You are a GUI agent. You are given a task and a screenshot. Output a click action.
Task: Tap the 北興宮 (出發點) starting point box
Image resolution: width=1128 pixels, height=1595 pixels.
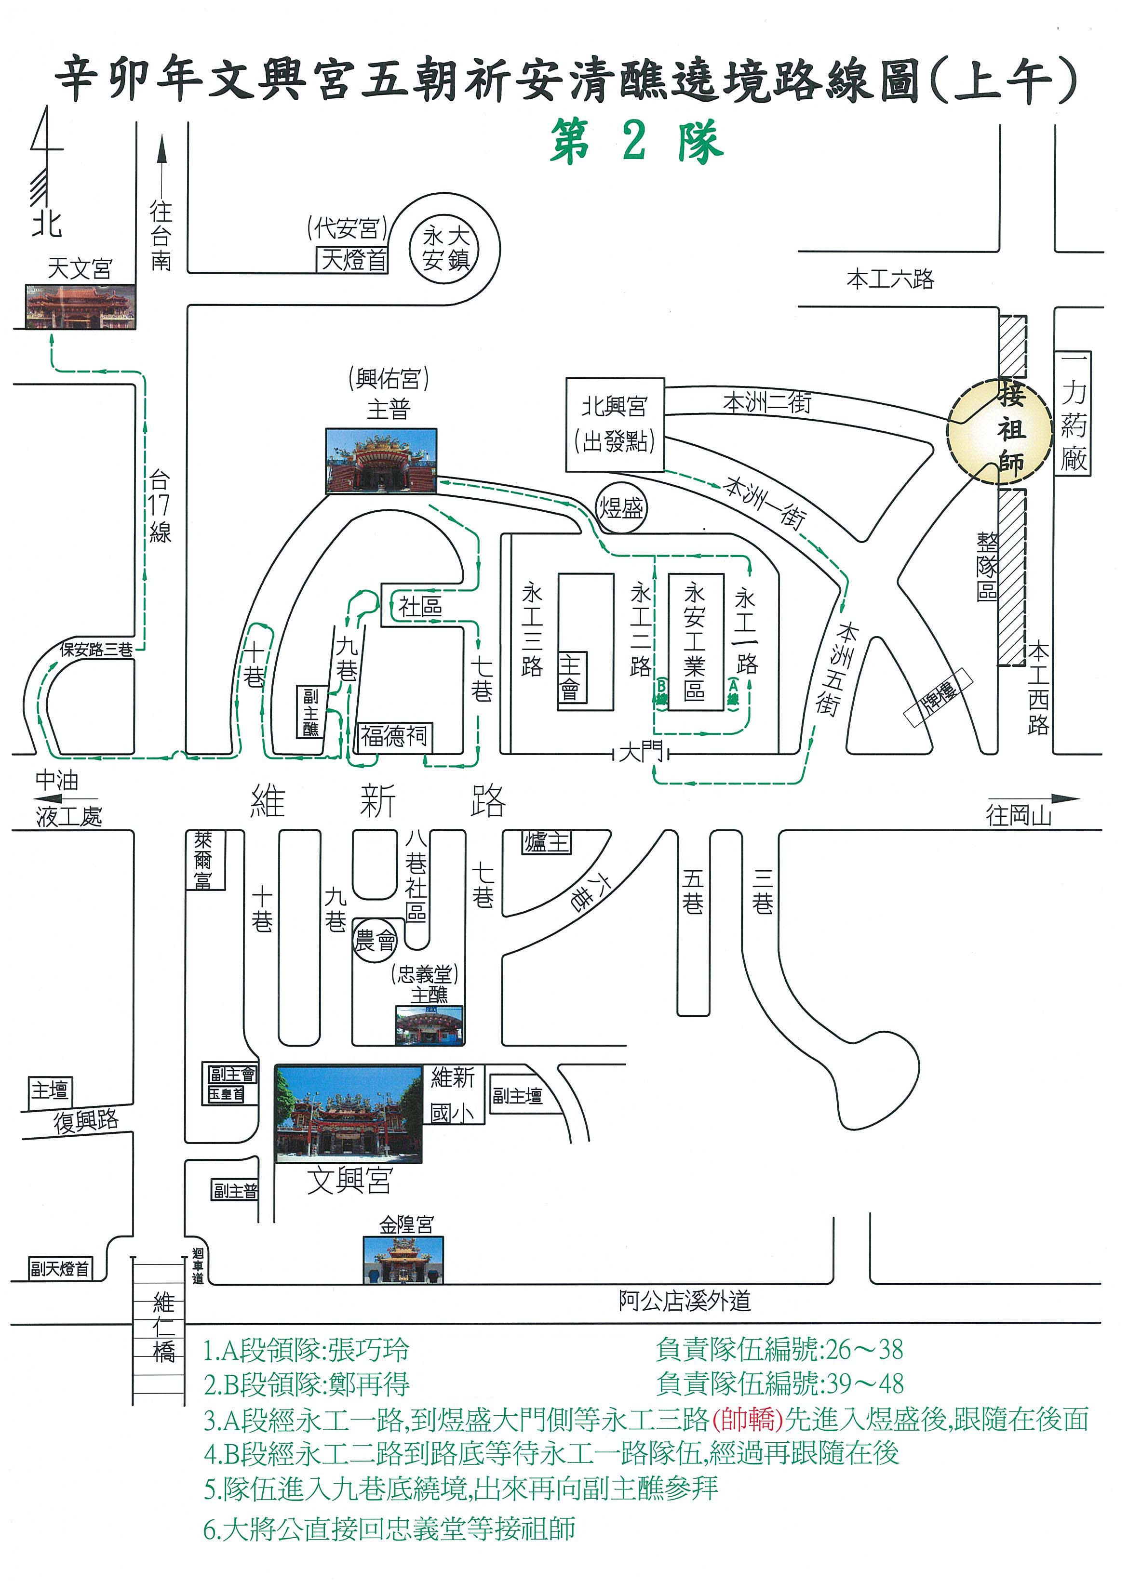[x=615, y=425]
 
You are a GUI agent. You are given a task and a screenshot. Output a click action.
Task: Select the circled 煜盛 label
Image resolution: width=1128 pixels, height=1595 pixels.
[x=621, y=508]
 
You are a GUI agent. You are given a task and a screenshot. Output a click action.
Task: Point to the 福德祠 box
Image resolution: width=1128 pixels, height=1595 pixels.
[x=394, y=736]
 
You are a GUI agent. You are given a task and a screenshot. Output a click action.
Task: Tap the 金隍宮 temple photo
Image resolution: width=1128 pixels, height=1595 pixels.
[x=403, y=1259]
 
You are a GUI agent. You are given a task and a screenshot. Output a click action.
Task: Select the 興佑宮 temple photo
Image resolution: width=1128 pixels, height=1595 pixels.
[x=381, y=461]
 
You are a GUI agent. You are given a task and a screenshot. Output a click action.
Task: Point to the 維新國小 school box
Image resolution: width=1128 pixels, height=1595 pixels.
[x=454, y=1095]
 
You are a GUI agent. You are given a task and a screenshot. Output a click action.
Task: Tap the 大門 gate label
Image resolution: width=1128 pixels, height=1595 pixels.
[x=640, y=752]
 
